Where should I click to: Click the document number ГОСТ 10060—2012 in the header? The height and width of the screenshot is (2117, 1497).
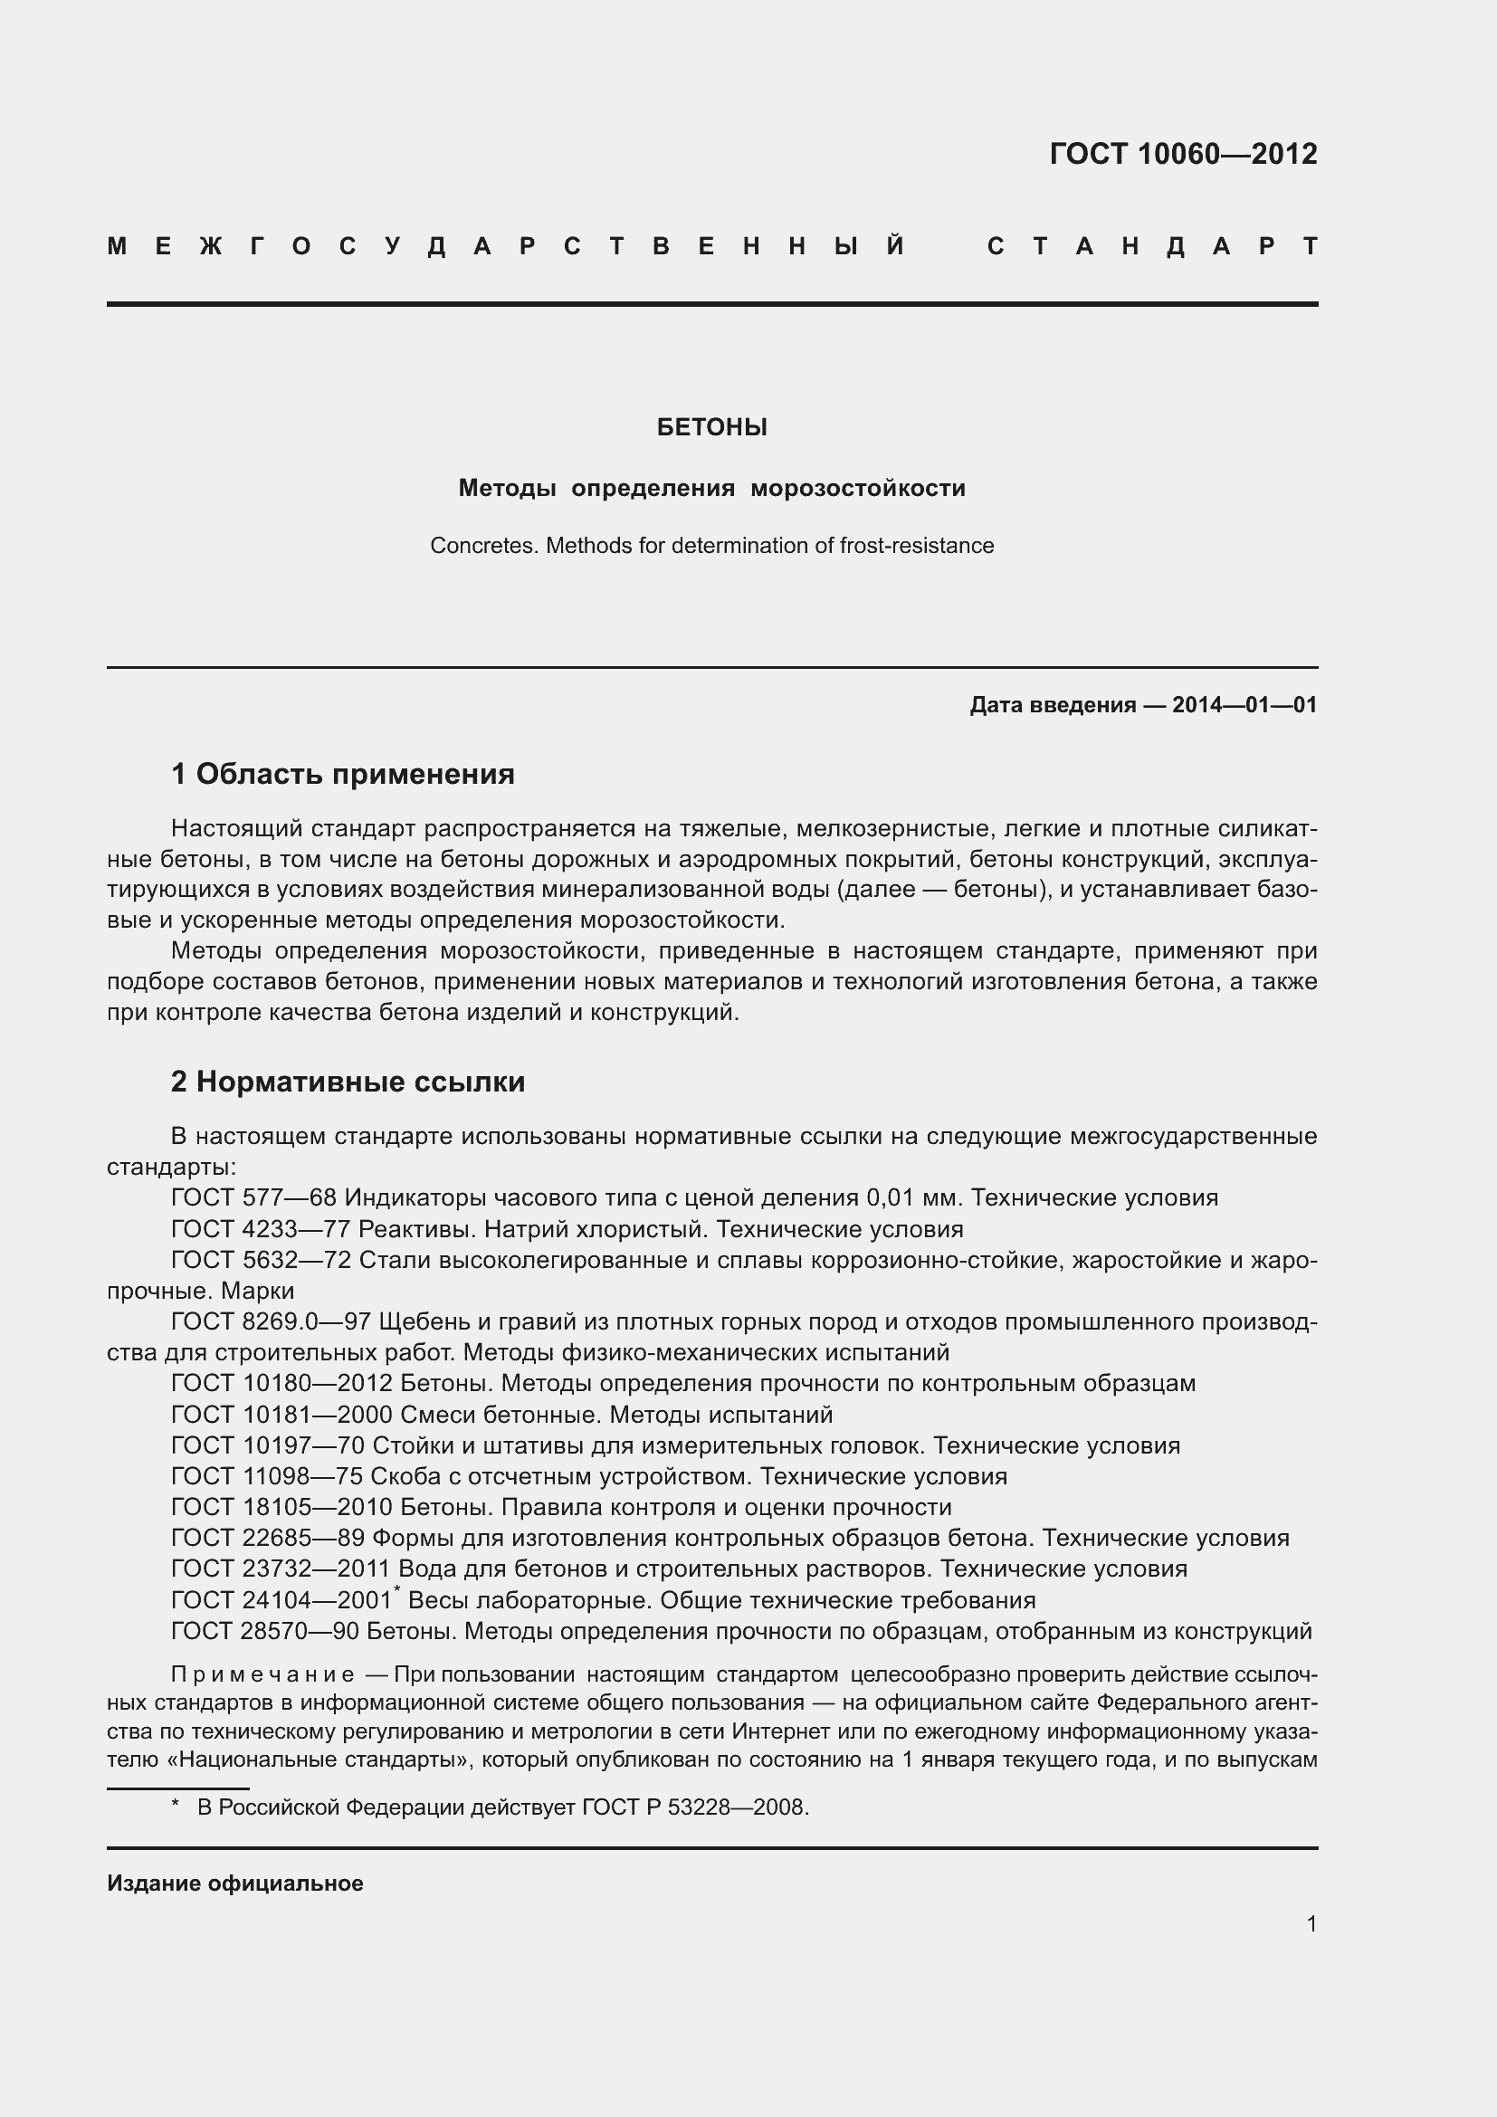1183,154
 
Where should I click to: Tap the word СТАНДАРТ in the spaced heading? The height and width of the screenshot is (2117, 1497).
1152,247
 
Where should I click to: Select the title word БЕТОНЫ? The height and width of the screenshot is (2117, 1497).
711,427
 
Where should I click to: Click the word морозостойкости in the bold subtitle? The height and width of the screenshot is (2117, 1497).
857,488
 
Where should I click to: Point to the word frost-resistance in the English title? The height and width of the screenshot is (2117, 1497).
916,546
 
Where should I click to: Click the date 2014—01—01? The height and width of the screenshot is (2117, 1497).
1244,705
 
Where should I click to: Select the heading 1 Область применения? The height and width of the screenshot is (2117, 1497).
342,774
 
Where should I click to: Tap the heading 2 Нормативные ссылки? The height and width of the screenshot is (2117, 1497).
348,1081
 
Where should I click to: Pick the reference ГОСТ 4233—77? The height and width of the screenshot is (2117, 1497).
261,1229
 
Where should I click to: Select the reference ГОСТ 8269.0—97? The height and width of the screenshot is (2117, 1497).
271,1322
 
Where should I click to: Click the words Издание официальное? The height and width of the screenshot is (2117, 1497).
235,1883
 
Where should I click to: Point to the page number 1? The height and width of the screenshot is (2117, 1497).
1311,1923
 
